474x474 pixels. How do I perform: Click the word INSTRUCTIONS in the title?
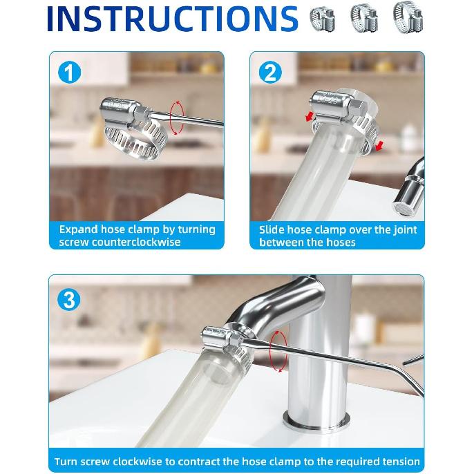pyautogui.click(x=173, y=19)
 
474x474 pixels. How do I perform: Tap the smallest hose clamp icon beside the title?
pyautogui.click(x=323, y=19)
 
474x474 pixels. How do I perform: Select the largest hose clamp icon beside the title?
pyautogui.click(x=408, y=17)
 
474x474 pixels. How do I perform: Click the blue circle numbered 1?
pyautogui.click(x=69, y=73)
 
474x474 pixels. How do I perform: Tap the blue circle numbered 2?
pyautogui.click(x=270, y=73)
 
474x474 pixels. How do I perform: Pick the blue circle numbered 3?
pyautogui.click(x=69, y=299)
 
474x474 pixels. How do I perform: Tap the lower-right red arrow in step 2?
pyautogui.click(x=379, y=146)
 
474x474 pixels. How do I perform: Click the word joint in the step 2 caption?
pyautogui.click(x=405, y=229)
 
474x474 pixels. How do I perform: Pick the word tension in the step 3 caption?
pyautogui.click(x=401, y=462)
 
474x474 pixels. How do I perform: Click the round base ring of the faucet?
pyautogui.click(x=316, y=421)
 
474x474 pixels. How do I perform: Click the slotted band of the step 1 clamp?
pyautogui.click(x=136, y=140)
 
